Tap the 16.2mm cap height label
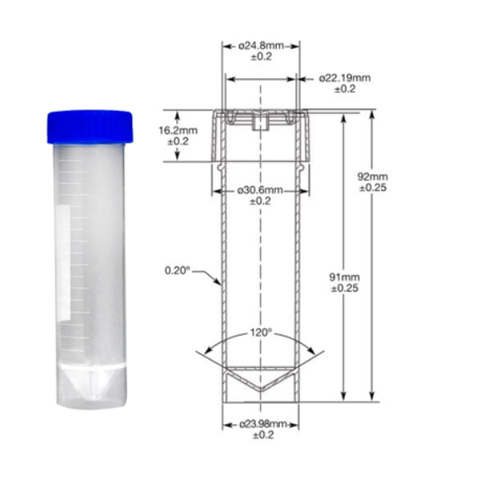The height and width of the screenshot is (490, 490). coord(178,130)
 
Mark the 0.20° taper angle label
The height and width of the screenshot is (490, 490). coord(178,270)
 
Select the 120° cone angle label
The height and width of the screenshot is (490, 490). coord(261,332)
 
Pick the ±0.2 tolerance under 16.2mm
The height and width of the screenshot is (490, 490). coord(178,141)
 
